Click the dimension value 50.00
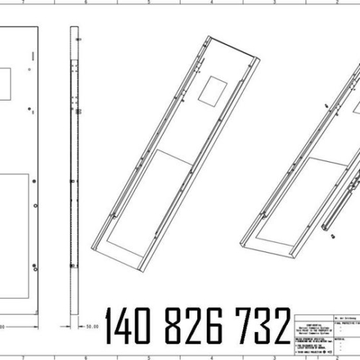pos(91,326)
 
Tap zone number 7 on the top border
pos(24,3)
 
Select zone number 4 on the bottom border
pos(212,356)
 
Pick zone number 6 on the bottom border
pos(86,356)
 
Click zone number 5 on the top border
pos(149,3)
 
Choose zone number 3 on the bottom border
pos(274,356)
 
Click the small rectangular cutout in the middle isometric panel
pos(213,89)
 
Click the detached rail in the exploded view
pos(344,198)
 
